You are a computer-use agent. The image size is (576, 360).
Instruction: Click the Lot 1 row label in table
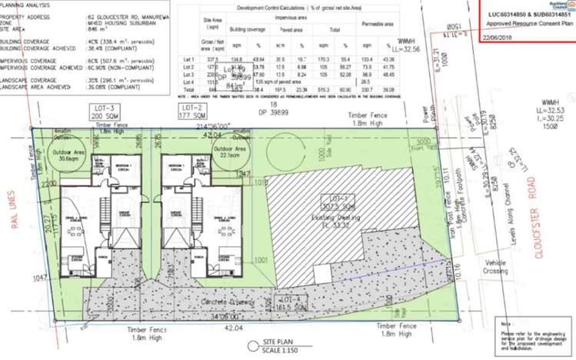(x=188, y=58)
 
